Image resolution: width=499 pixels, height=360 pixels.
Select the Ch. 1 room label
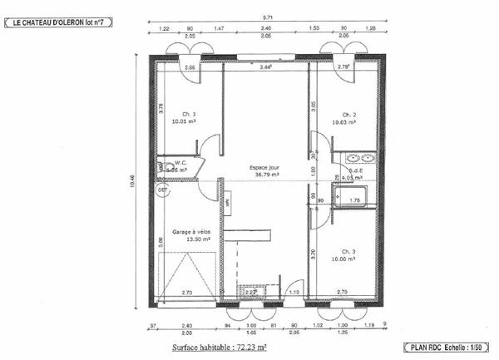click(189, 114)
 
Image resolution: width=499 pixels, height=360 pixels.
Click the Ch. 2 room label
click(349, 114)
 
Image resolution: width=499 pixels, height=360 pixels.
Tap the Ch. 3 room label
click(349, 251)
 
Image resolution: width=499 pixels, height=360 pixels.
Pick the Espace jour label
click(265, 167)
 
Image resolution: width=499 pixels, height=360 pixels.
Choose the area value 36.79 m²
click(265, 175)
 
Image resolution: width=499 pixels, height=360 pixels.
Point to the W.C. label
click(180, 162)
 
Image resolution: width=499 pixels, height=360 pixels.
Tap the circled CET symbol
click(163, 190)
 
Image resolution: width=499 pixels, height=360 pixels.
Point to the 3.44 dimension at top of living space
click(266, 67)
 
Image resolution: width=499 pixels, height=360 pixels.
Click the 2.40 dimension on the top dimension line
click(266, 29)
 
